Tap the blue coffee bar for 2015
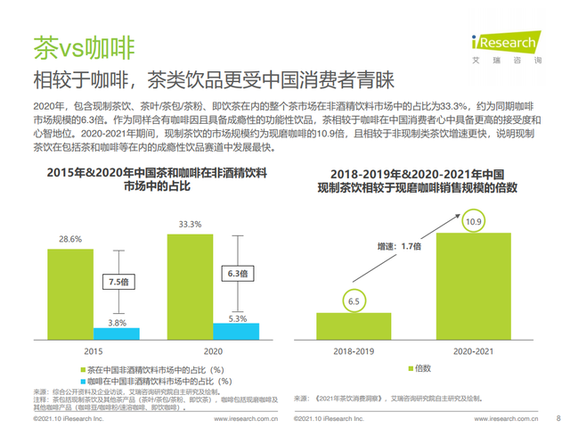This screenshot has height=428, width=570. (x=116, y=333)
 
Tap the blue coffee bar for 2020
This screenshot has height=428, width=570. (x=236, y=331)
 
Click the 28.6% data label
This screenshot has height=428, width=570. (x=70, y=239)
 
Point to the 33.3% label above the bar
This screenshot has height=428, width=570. (x=189, y=223)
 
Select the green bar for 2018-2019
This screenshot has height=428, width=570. (x=354, y=325)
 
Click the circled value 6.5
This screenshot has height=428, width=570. (x=354, y=301)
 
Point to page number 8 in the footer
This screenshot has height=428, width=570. (x=558, y=417)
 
